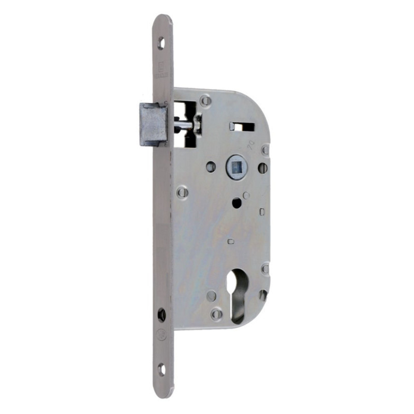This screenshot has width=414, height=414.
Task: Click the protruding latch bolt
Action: pos(153,124)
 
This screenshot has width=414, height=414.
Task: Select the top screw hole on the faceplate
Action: pos(161,43)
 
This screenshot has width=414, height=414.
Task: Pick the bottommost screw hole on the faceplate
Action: pos(161,369)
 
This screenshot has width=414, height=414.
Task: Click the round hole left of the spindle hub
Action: pos(210,167)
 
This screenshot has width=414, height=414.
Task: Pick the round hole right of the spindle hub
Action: pos(262,168)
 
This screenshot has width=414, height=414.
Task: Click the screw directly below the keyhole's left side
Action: pos(217,313)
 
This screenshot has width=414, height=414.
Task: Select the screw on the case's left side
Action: pos(182,192)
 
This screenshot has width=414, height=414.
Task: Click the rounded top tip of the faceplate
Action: pos(162,20)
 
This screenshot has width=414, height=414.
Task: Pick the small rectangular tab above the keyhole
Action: pos(231,241)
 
